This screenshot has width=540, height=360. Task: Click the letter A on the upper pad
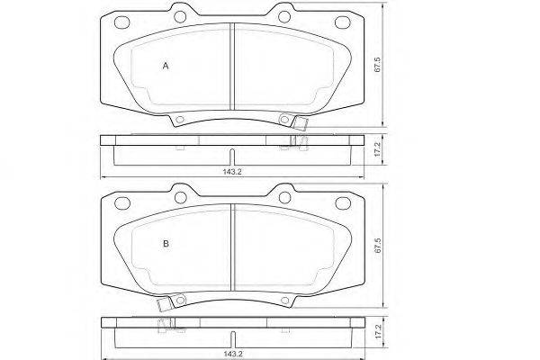coord(166,66)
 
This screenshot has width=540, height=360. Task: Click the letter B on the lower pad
coord(166,244)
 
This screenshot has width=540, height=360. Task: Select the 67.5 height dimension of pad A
coord(377,65)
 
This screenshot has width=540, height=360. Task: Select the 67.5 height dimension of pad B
coord(378,246)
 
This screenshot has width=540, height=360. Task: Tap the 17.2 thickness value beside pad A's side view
coord(377,150)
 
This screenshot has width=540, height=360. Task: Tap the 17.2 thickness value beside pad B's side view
coord(378,330)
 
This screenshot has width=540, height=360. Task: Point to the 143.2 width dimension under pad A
coord(232,172)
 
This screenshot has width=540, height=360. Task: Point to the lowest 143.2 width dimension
coord(233,354)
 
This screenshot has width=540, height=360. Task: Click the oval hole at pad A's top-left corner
coord(121,22)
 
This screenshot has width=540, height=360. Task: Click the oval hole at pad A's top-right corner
coord(342,22)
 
